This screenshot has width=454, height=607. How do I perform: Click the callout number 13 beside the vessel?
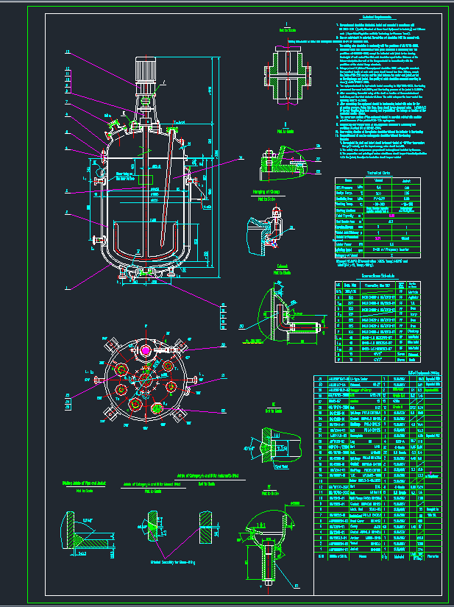click(68, 52)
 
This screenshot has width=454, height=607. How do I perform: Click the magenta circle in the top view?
click(146, 350)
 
